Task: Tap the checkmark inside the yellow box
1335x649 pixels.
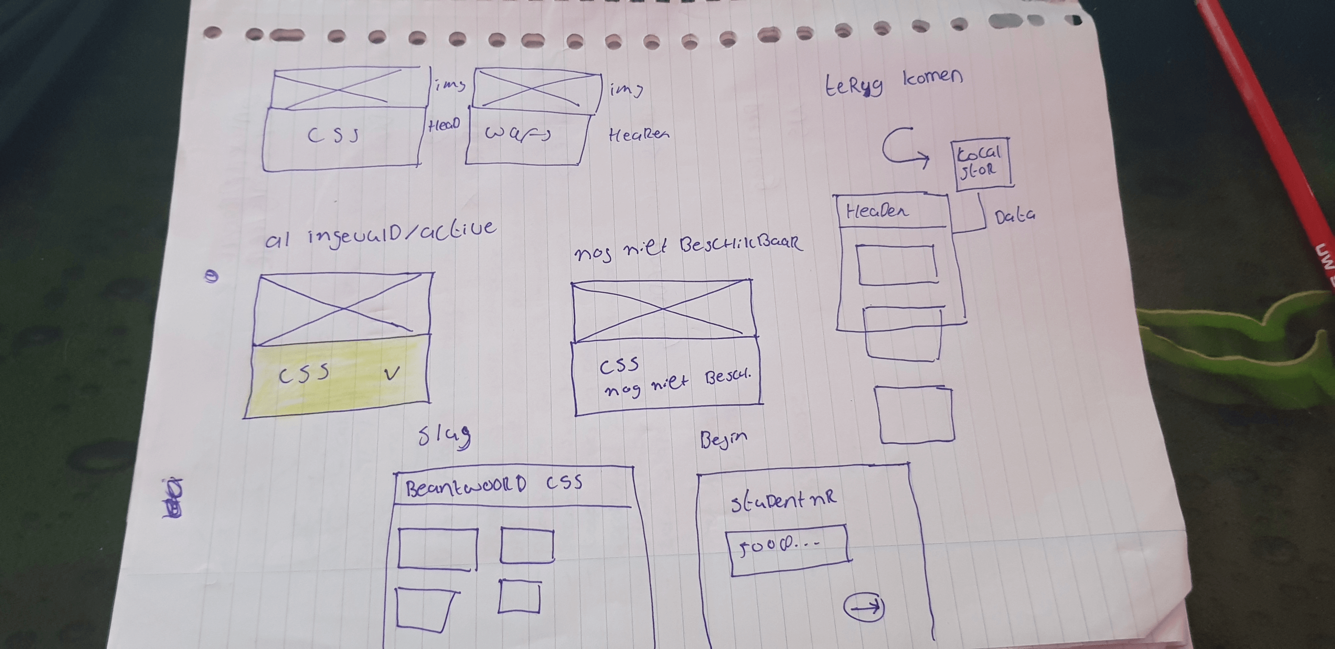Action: click(x=392, y=373)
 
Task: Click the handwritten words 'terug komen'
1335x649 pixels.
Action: click(x=894, y=83)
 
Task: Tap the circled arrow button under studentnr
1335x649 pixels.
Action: click(x=863, y=606)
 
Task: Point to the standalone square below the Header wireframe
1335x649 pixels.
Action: click(x=915, y=415)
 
